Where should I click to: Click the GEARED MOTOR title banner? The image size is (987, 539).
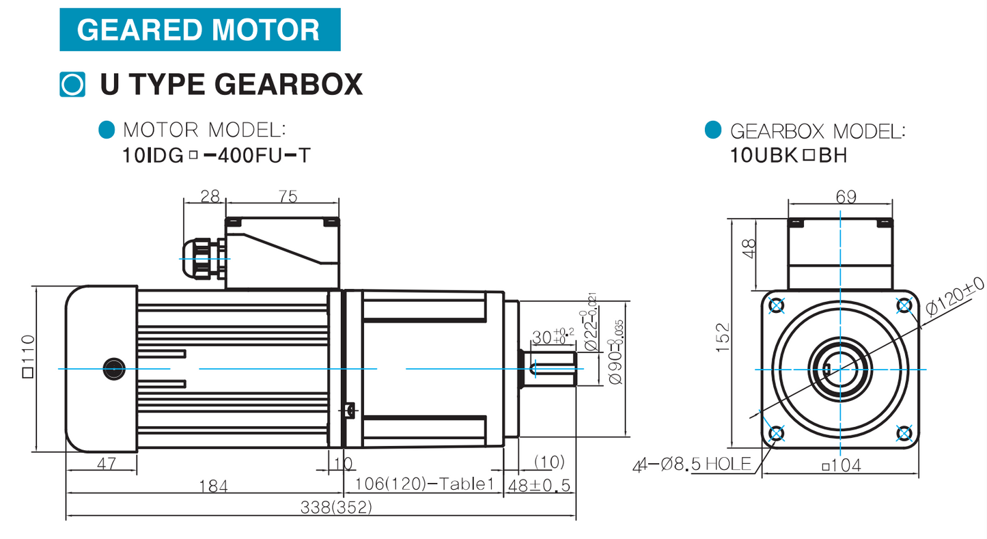coord(199,30)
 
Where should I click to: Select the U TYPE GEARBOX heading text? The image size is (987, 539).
coord(231,84)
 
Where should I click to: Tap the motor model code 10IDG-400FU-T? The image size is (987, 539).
coord(216,156)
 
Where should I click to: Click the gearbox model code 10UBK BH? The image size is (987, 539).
coord(789,156)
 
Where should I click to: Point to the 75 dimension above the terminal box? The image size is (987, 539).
coord(288,197)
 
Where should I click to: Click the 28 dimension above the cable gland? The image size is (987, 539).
coord(210,197)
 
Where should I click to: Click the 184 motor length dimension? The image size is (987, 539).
coord(213,486)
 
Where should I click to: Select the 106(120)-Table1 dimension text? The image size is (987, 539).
coord(424,485)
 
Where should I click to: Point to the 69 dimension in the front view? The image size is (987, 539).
coord(845,197)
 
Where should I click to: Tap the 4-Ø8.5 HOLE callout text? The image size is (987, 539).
coord(692,465)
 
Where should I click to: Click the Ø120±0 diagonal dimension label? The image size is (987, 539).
coord(955,298)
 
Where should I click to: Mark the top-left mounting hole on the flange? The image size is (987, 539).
coord(776,306)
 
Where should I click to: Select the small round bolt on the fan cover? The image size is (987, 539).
coord(111,370)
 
